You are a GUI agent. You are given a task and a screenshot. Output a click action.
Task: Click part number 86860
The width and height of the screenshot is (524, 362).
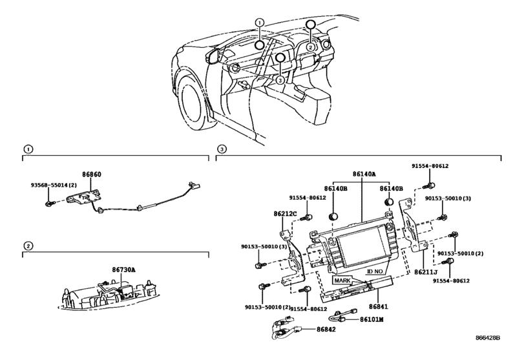(x=92, y=175)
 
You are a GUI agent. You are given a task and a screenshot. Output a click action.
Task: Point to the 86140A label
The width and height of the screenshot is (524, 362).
(x=364, y=174)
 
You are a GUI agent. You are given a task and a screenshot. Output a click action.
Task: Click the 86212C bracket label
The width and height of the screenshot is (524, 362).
(x=285, y=213)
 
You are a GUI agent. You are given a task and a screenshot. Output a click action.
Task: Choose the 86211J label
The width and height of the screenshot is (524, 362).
(x=426, y=272)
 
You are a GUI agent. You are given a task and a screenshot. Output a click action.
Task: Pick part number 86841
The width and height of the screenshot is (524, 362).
(x=379, y=306)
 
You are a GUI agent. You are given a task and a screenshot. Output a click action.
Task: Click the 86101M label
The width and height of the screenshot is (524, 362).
(x=372, y=319)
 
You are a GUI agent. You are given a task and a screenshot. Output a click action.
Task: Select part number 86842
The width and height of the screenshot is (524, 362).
(x=326, y=330)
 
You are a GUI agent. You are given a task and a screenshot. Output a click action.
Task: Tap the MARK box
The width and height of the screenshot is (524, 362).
(x=342, y=280)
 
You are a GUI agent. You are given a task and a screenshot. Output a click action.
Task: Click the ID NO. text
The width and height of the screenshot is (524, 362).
(x=375, y=271)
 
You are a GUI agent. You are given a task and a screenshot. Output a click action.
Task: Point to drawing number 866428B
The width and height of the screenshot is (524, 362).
(x=488, y=337)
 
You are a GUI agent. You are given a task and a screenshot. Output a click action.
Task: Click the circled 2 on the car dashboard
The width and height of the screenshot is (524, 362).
(x=310, y=47)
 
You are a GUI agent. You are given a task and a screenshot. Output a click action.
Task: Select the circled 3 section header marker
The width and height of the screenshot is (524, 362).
(x=222, y=149)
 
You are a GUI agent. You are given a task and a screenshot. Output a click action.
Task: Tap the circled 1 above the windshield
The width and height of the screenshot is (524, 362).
(x=260, y=23)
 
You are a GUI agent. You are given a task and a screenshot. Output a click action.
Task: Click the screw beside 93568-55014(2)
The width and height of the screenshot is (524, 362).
(x=49, y=203)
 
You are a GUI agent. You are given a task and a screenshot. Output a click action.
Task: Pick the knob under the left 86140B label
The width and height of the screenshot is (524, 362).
(x=333, y=216)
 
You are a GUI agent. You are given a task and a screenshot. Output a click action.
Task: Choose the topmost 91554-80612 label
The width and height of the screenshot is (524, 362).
(x=430, y=166)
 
